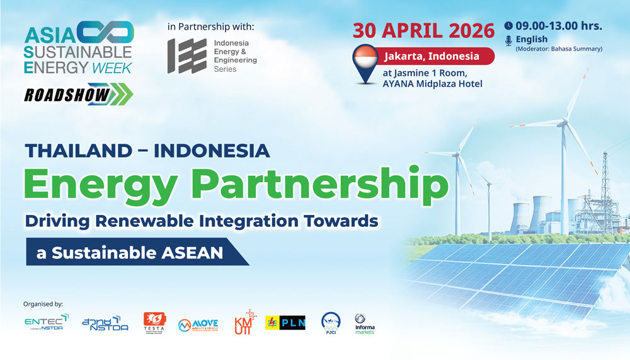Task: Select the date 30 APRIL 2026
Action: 423,30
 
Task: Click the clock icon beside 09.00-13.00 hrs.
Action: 508,26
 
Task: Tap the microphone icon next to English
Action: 508,40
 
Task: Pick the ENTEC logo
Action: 47,323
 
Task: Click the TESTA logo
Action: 154,323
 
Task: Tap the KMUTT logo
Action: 243,323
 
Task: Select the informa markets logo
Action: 364,323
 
